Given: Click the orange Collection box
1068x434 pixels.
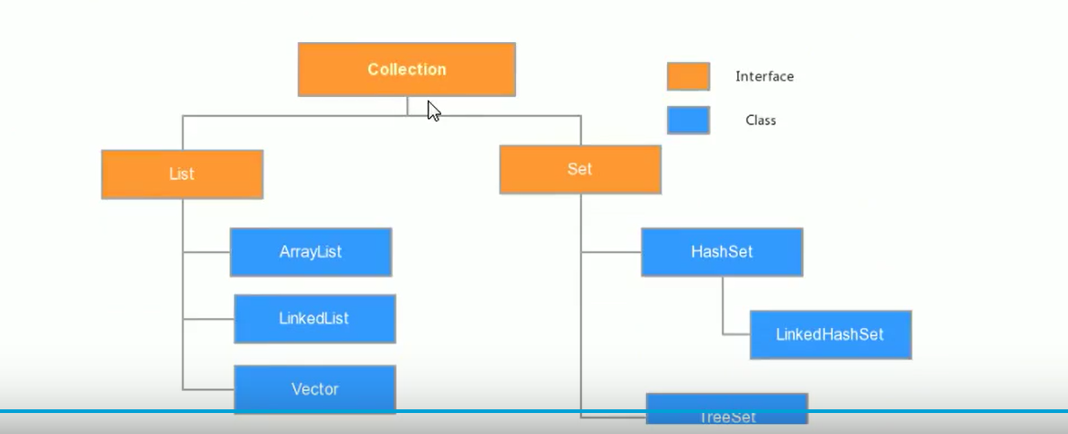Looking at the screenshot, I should (407, 69).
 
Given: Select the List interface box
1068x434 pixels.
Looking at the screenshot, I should (182, 175).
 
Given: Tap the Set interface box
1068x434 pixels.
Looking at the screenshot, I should (579, 170).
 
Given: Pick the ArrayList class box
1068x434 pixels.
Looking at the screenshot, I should (311, 252).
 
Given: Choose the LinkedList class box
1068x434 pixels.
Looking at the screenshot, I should (314, 319).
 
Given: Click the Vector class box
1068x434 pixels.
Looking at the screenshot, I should (314, 389).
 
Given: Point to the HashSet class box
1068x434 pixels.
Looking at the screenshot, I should (722, 252).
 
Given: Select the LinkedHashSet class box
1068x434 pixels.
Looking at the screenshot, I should (830, 334).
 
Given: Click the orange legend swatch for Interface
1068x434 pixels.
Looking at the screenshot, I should (688, 77).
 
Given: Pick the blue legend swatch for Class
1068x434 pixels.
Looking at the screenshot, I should (688, 121).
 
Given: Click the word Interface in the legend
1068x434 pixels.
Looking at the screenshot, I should (765, 77).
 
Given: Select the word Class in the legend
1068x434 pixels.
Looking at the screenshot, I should (761, 121).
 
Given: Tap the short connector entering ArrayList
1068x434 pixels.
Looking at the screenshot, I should (206, 252).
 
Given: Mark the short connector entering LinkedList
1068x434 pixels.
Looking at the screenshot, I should (208, 319).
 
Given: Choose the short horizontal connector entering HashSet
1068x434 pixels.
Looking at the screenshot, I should (611, 252).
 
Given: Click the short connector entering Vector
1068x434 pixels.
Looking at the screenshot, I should (208, 389).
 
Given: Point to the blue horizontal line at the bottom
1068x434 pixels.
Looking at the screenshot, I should (534, 410).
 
